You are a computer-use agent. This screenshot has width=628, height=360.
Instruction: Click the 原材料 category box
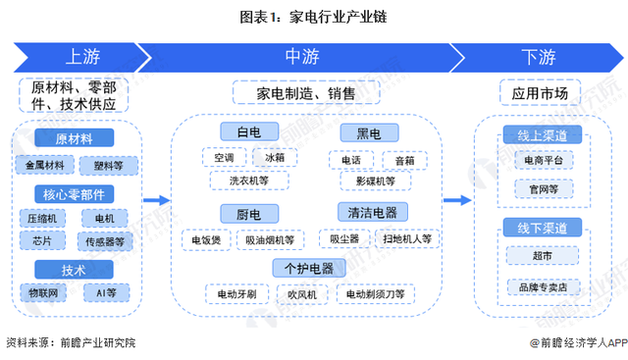click(75, 138)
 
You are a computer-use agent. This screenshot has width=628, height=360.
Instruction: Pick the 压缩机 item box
click(45, 218)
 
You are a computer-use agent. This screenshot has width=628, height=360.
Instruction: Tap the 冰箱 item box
click(274, 157)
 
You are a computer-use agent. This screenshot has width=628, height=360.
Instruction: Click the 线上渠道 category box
click(542, 134)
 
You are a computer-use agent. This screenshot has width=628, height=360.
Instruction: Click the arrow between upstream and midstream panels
click(155, 200)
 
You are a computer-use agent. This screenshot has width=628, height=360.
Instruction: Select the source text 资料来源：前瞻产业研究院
click(71, 342)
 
